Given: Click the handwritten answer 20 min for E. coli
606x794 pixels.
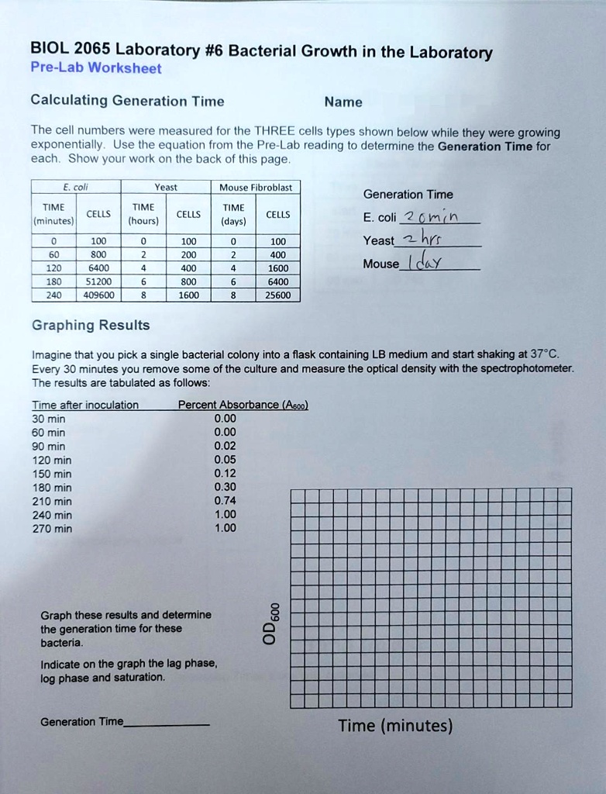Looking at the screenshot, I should click(438, 217).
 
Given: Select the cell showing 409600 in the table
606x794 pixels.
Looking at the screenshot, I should click(98, 295).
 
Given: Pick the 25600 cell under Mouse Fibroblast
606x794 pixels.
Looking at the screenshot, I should click(278, 295).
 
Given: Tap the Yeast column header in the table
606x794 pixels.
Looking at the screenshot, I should click(165, 187).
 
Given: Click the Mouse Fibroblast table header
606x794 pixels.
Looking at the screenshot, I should click(255, 187).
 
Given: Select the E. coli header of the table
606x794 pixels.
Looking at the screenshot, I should click(75, 187).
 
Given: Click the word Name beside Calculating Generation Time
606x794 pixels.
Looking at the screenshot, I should click(343, 102).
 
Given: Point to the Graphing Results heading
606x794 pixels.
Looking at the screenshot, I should click(91, 325).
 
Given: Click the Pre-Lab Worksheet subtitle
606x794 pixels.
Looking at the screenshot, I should click(95, 68).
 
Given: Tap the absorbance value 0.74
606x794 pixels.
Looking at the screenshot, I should click(225, 501).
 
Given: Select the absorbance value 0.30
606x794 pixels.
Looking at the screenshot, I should click(225, 487).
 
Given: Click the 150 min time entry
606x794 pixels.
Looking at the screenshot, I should click(52, 474).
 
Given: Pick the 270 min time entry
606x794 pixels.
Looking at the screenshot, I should click(52, 529).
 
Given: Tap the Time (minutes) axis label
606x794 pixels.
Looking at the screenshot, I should click(395, 726).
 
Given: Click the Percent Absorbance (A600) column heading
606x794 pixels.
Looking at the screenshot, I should click(243, 405).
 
